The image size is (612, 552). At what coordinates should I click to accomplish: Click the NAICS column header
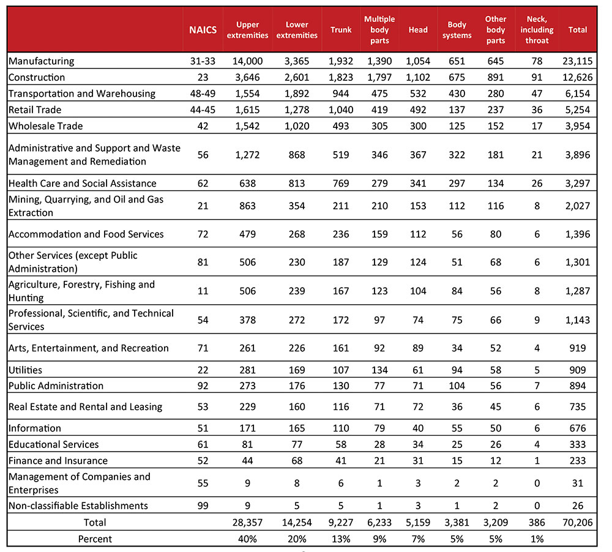[203, 30]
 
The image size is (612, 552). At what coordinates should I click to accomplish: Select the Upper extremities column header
[252, 30]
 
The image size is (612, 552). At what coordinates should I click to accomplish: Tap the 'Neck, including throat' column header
[537, 30]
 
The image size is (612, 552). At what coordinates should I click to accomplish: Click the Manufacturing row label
[42, 61]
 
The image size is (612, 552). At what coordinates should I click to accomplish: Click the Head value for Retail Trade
[418, 110]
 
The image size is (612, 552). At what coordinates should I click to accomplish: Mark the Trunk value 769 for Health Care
[341, 184]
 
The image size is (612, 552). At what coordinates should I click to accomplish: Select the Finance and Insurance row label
[58, 461]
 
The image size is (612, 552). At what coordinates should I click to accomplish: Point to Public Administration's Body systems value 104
[457, 386]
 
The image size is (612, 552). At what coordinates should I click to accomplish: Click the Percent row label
[95, 539]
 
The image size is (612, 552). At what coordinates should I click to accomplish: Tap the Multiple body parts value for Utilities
[379, 370]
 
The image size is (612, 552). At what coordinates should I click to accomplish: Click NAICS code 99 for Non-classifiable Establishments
[203, 506]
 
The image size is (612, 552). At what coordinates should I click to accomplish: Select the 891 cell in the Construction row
[496, 78]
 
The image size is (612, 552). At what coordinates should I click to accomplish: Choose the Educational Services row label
[54, 444]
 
